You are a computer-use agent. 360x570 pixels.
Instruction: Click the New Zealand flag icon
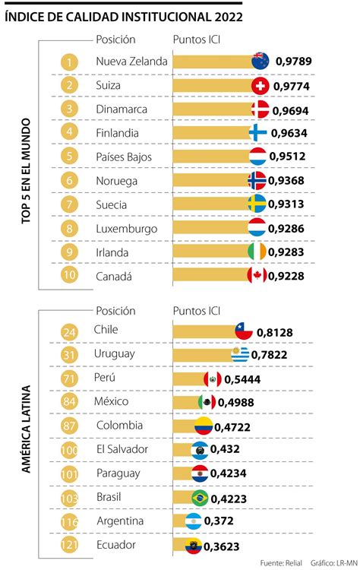point(261,62)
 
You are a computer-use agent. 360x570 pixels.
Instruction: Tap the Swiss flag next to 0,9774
point(260,86)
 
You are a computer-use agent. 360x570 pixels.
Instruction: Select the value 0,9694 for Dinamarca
point(292,109)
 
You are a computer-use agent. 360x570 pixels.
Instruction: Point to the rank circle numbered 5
point(69,157)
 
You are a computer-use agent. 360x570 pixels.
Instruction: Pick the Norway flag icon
point(257,181)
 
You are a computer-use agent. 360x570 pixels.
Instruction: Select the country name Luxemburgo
point(127,228)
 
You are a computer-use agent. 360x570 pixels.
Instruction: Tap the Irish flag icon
point(257,252)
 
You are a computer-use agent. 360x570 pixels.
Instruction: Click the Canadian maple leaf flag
point(257,275)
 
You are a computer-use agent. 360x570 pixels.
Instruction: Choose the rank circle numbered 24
point(69,331)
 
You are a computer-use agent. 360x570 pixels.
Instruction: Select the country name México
point(112,401)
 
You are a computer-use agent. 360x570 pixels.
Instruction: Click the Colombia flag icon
point(204,426)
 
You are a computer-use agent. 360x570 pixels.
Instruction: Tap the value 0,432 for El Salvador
point(229,450)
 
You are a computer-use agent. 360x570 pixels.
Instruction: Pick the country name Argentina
point(120,521)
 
